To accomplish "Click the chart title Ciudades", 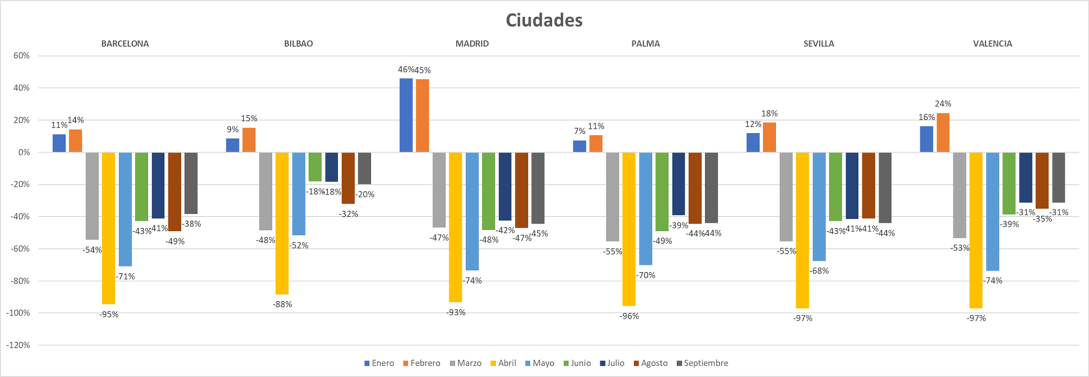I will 544,20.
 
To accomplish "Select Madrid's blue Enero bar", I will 406,115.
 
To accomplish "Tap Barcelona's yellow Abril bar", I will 108,228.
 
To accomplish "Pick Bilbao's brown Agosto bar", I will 348,178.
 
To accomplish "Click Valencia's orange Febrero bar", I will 943,133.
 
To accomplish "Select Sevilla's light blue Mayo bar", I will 819,206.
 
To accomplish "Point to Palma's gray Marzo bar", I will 612,197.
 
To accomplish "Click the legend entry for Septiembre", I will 705,363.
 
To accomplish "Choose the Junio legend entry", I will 580,363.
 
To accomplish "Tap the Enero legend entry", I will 382,363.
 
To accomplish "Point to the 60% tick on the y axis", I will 22,56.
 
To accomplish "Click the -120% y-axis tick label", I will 19,345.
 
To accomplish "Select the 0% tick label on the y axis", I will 24,152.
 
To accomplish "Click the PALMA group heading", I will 646,44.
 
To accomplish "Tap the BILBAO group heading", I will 298,44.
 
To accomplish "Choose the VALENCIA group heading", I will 993,44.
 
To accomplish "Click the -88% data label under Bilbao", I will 282,304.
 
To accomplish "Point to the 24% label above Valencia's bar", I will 943,104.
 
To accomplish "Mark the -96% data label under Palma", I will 629,316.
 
